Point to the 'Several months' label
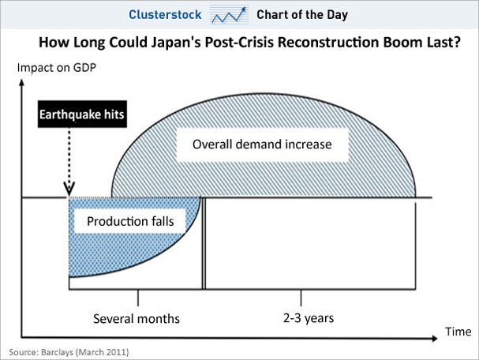tap(137, 319)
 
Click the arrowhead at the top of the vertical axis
tap(21, 82)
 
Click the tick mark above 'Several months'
tap(138, 298)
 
